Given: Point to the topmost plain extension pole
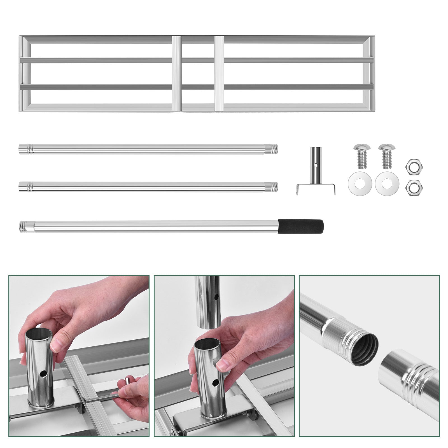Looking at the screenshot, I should coord(148,149).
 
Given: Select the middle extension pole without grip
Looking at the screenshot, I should coord(148,186).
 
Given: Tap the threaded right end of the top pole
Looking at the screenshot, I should coord(273,149).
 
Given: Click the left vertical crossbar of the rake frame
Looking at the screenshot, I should coord(177,73).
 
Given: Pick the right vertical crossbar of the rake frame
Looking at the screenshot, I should coord(219,73).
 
